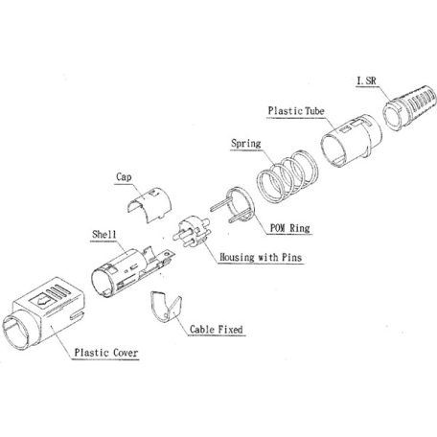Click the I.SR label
[x=367, y=80]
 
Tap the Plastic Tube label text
[x=296, y=111]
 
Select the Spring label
[x=246, y=144]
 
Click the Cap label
[x=124, y=177]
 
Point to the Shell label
[x=104, y=234]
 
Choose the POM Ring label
[x=290, y=228]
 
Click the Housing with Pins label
[x=261, y=257]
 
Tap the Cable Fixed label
[x=217, y=329]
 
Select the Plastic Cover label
[x=106, y=353]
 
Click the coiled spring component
[x=287, y=176]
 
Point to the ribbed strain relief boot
[x=409, y=106]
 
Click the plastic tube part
[x=352, y=141]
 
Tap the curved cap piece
[x=149, y=204]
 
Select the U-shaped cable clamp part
[x=166, y=307]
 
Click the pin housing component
[x=192, y=232]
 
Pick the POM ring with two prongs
[x=235, y=205]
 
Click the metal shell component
[x=132, y=271]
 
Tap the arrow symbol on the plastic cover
[x=41, y=300]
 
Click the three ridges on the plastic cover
[x=57, y=291]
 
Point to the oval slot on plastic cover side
[x=77, y=315]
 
